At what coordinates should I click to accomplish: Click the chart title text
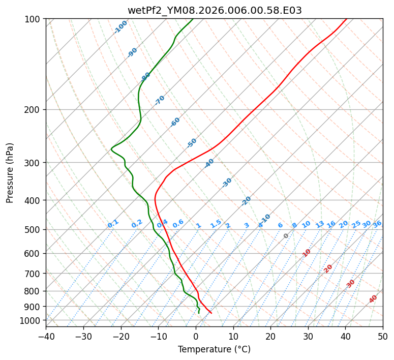click(214, 10)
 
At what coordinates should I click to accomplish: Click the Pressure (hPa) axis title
click(10, 173)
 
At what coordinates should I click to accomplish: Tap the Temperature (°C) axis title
click(214, 350)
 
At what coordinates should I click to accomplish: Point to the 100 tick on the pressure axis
click(34, 19)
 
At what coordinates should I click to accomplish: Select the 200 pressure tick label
click(34, 110)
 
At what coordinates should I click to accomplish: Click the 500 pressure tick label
click(34, 230)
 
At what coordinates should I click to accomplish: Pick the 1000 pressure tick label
click(32, 320)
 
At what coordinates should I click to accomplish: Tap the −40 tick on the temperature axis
click(46, 336)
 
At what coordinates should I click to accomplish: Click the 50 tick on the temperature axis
click(383, 336)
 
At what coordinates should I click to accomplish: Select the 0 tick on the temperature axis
click(196, 336)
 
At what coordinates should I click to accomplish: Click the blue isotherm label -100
click(120, 27)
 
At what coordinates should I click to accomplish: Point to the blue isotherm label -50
click(192, 143)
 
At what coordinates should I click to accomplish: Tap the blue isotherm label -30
click(227, 183)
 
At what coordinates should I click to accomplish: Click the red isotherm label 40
click(373, 299)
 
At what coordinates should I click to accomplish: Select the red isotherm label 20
click(328, 268)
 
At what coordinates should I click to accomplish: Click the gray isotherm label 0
click(286, 236)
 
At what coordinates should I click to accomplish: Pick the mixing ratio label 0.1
click(113, 223)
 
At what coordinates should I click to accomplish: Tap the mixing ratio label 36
click(377, 224)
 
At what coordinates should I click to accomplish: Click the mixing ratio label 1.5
click(216, 223)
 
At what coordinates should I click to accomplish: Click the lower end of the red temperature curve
click(210, 313)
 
